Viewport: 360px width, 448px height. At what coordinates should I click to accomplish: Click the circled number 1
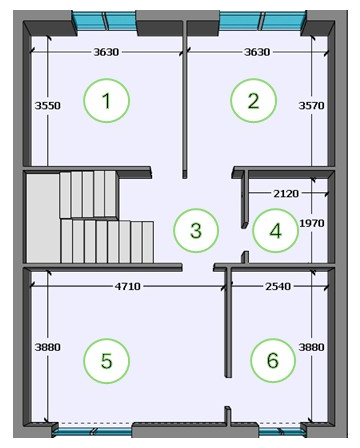(106, 101)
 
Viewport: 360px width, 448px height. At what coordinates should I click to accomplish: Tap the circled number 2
(253, 101)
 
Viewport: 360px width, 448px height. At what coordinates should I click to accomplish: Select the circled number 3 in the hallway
(196, 230)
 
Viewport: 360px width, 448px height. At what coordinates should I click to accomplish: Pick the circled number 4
(275, 230)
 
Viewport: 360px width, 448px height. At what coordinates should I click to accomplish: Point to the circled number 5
(106, 361)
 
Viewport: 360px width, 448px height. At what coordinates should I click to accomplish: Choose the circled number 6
(273, 361)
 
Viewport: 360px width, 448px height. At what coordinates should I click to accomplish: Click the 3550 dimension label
(48, 106)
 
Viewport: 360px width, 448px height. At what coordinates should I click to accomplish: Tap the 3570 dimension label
(311, 106)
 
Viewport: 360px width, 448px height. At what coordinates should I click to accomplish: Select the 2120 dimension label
(286, 193)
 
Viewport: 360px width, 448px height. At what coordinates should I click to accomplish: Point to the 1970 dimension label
(312, 223)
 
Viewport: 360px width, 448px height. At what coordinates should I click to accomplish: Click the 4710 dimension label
(128, 286)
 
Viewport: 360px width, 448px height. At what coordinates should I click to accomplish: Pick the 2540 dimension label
(278, 286)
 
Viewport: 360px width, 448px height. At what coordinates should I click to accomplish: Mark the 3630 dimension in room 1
(106, 52)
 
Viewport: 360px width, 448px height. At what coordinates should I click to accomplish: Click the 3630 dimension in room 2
(257, 52)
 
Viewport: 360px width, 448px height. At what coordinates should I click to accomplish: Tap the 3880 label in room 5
(48, 347)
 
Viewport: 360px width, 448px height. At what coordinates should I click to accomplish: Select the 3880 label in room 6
(311, 347)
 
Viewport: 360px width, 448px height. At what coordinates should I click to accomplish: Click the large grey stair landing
(43, 218)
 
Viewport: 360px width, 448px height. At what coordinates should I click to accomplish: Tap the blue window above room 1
(104, 21)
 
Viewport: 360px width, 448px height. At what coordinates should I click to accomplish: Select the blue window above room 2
(262, 21)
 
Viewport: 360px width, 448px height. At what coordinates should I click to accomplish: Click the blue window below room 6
(282, 432)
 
